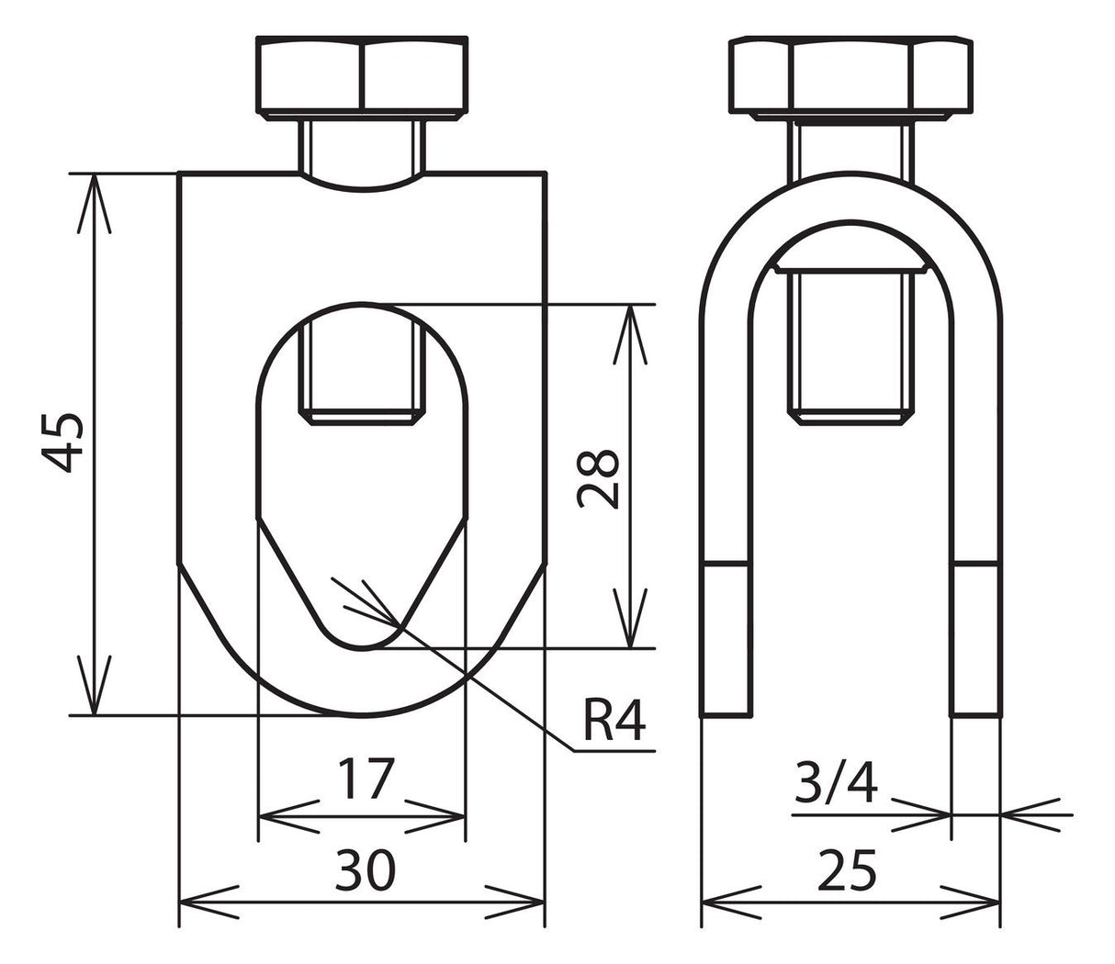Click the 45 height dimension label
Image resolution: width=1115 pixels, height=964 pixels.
(x=62, y=443)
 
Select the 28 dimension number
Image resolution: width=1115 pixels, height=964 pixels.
(x=598, y=479)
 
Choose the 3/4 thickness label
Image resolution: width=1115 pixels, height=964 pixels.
(x=836, y=783)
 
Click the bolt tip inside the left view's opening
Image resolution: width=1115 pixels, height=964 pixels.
(x=362, y=376)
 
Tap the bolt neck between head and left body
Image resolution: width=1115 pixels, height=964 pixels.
(x=362, y=146)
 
